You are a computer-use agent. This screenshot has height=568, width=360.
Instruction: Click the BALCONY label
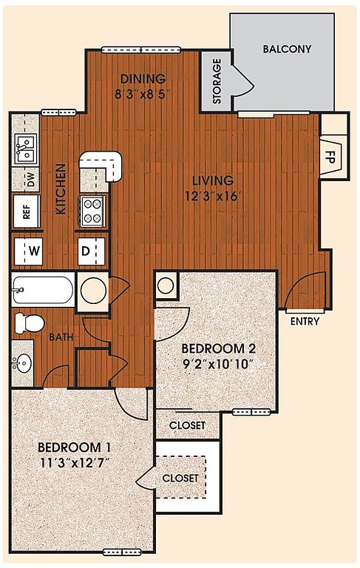(287, 49)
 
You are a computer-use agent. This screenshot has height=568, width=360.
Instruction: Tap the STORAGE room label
(217, 81)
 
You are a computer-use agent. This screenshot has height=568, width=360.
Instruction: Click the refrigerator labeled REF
(27, 211)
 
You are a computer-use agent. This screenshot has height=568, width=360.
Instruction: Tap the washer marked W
(28, 251)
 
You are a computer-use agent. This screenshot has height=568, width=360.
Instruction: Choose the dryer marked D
(92, 251)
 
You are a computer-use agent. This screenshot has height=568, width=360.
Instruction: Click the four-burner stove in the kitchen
(92, 212)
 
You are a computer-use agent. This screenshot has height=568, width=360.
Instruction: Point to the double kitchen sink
(26, 149)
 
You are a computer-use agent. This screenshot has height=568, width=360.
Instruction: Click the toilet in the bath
(30, 323)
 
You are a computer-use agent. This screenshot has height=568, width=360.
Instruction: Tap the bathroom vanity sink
(22, 362)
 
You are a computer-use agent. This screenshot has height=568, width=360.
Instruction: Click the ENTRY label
(305, 321)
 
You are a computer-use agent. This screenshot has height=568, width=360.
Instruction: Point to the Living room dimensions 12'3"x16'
(212, 197)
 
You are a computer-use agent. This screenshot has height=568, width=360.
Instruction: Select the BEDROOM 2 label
(218, 348)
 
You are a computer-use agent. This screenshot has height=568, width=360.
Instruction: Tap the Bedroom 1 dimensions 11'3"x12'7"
(74, 463)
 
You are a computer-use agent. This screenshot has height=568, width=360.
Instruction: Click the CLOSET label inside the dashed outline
(180, 479)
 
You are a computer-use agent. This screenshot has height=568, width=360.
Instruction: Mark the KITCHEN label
(61, 189)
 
